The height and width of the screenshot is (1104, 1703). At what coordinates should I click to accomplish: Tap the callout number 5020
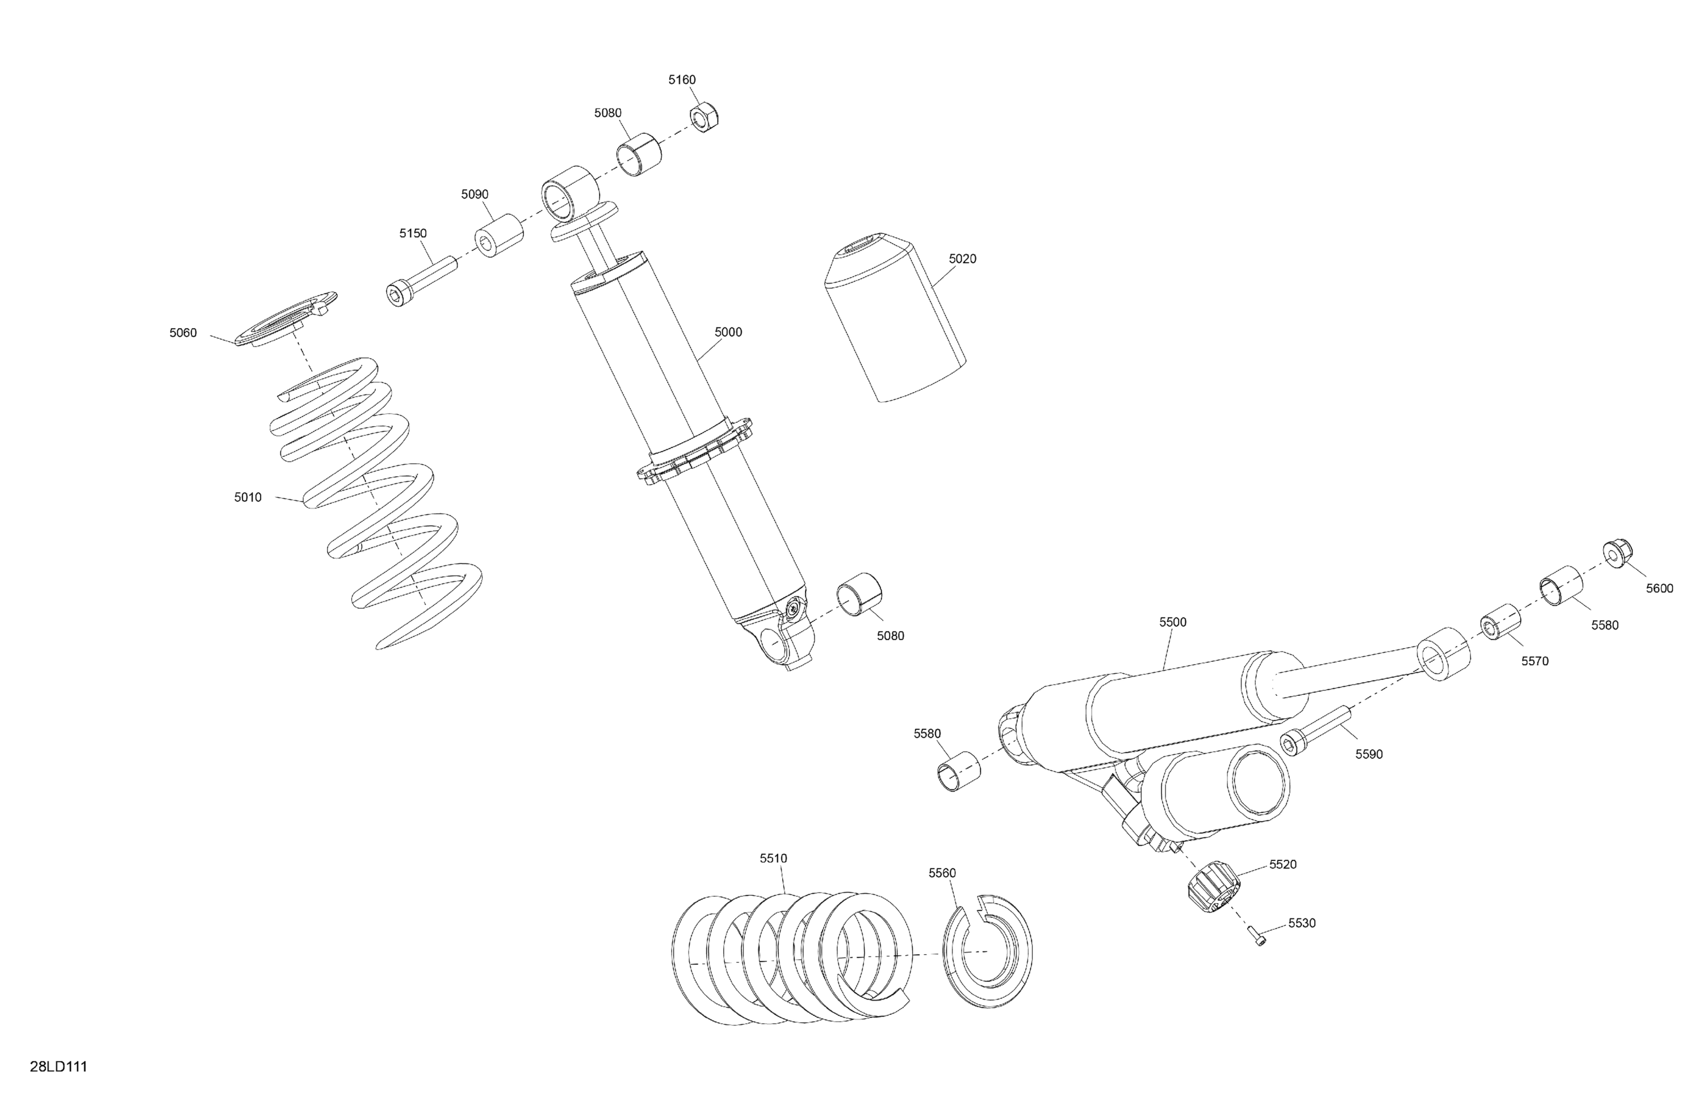click(x=962, y=259)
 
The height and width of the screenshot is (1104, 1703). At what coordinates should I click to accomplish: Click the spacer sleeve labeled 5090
click(x=499, y=236)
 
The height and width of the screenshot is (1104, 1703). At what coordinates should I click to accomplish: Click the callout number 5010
click(x=248, y=497)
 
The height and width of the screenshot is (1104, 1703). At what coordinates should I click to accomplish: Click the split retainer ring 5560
click(x=987, y=952)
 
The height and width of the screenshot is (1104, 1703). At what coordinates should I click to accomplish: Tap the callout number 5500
click(x=1173, y=623)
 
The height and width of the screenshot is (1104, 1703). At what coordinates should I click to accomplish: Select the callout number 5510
click(x=774, y=858)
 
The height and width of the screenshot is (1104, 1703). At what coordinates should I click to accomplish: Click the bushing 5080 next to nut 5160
click(x=638, y=154)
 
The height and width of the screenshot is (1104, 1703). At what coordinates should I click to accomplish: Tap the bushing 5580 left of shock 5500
click(x=959, y=771)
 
